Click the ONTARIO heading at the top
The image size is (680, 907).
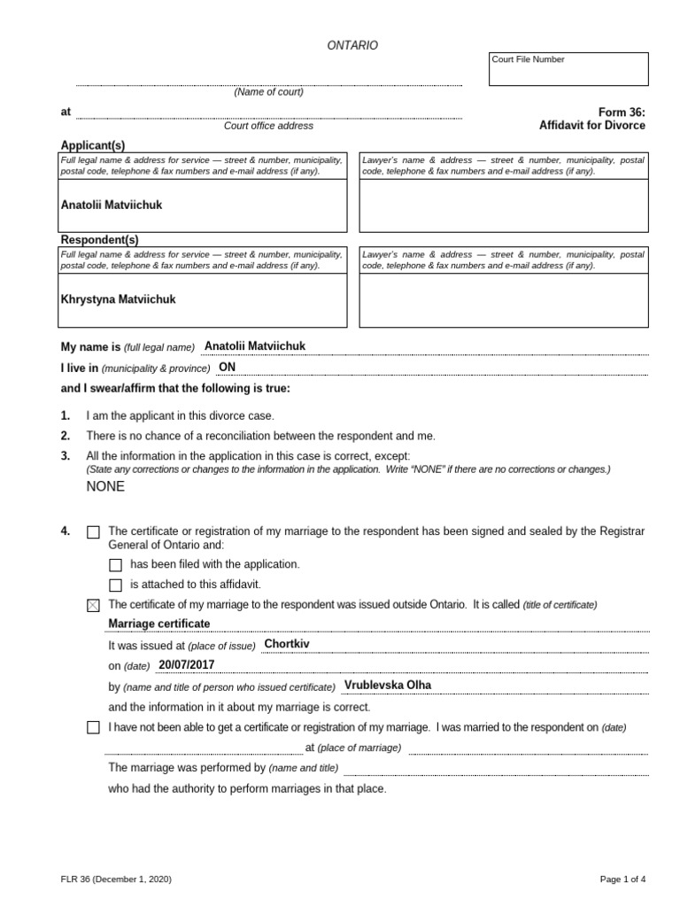coord(352,45)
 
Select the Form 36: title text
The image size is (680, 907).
coord(622,112)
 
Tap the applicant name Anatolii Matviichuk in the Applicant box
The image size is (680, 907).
coord(112,205)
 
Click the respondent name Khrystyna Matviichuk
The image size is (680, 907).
coord(118,299)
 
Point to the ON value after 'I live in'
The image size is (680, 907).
coord(228,368)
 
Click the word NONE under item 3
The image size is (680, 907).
coord(105,486)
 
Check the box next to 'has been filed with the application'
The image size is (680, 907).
coord(115,564)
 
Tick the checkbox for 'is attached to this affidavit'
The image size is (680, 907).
coord(115,585)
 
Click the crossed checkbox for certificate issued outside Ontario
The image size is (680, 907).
coord(94,605)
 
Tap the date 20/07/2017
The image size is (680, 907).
coord(187,664)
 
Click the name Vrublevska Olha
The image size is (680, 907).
coord(388,686)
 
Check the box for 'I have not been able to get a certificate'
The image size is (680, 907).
coord(94,728)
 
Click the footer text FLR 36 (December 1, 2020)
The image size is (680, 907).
coord(111,880)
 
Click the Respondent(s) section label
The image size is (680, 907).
coord(99,240)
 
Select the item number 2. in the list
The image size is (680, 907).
coord(66,436)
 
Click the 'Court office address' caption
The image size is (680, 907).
coord(268,126)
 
